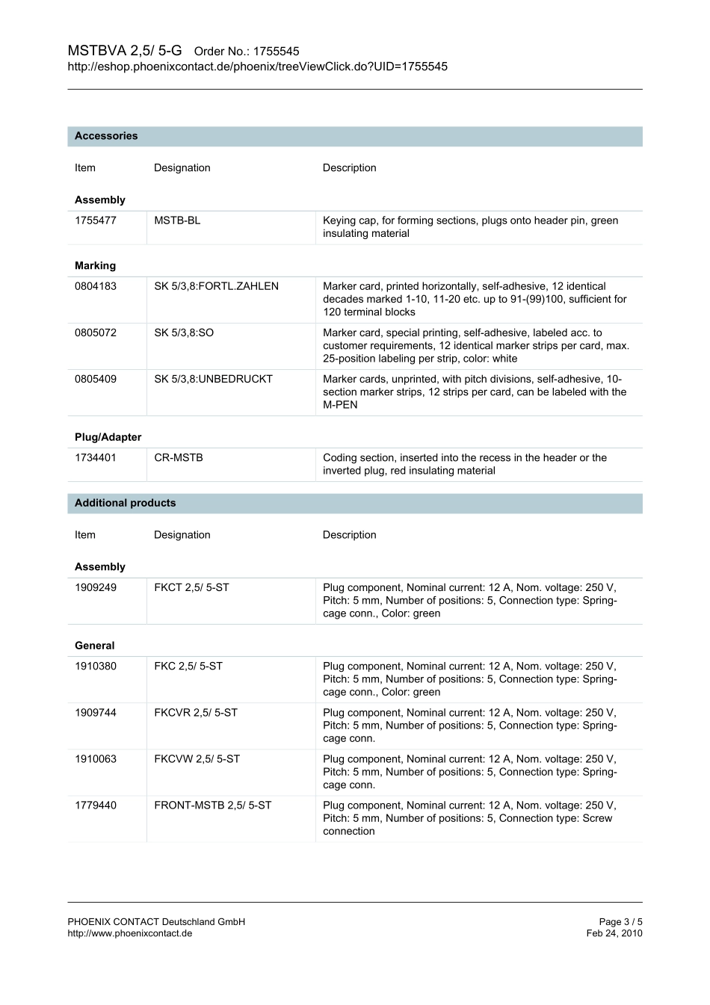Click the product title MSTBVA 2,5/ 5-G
[125, 51]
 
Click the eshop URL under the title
[257, 67]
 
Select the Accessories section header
[106, 136]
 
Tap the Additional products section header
[125, 503]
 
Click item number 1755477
[96, 220]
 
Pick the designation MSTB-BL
[177, 220]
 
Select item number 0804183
[96, 286]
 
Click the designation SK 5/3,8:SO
[184, 333]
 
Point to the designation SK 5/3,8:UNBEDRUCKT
[213, 379]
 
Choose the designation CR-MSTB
[179, 457]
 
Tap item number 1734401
[96, 457]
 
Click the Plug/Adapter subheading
[108, 437]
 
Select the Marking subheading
[95, 265]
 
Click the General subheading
[94, 646]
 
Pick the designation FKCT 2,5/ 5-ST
[191, 587]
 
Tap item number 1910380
[96, 666]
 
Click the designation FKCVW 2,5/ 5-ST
[197, 758]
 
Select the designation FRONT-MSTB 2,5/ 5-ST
[213, 805]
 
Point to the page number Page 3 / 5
[620, 922]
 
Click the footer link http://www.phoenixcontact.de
[129, 933]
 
